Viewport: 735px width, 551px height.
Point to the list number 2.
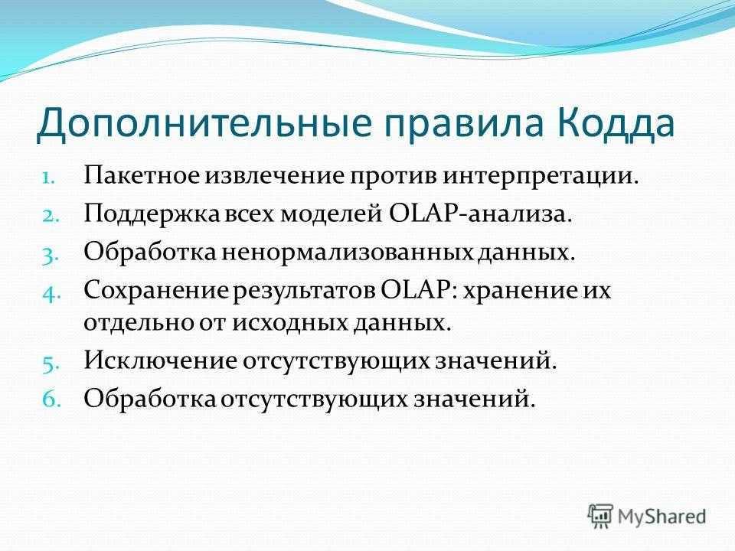pyautogui.click(x=51, y=217)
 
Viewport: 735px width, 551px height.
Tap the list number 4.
pyautogui.click(x=51, y=294)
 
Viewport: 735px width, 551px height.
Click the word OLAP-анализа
pyautogui.click(x=481, y=214)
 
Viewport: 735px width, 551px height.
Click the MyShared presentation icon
pyautogui.click(x=600, y=517)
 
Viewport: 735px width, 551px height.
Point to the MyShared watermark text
pyautogui.click(x=661, y=517)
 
